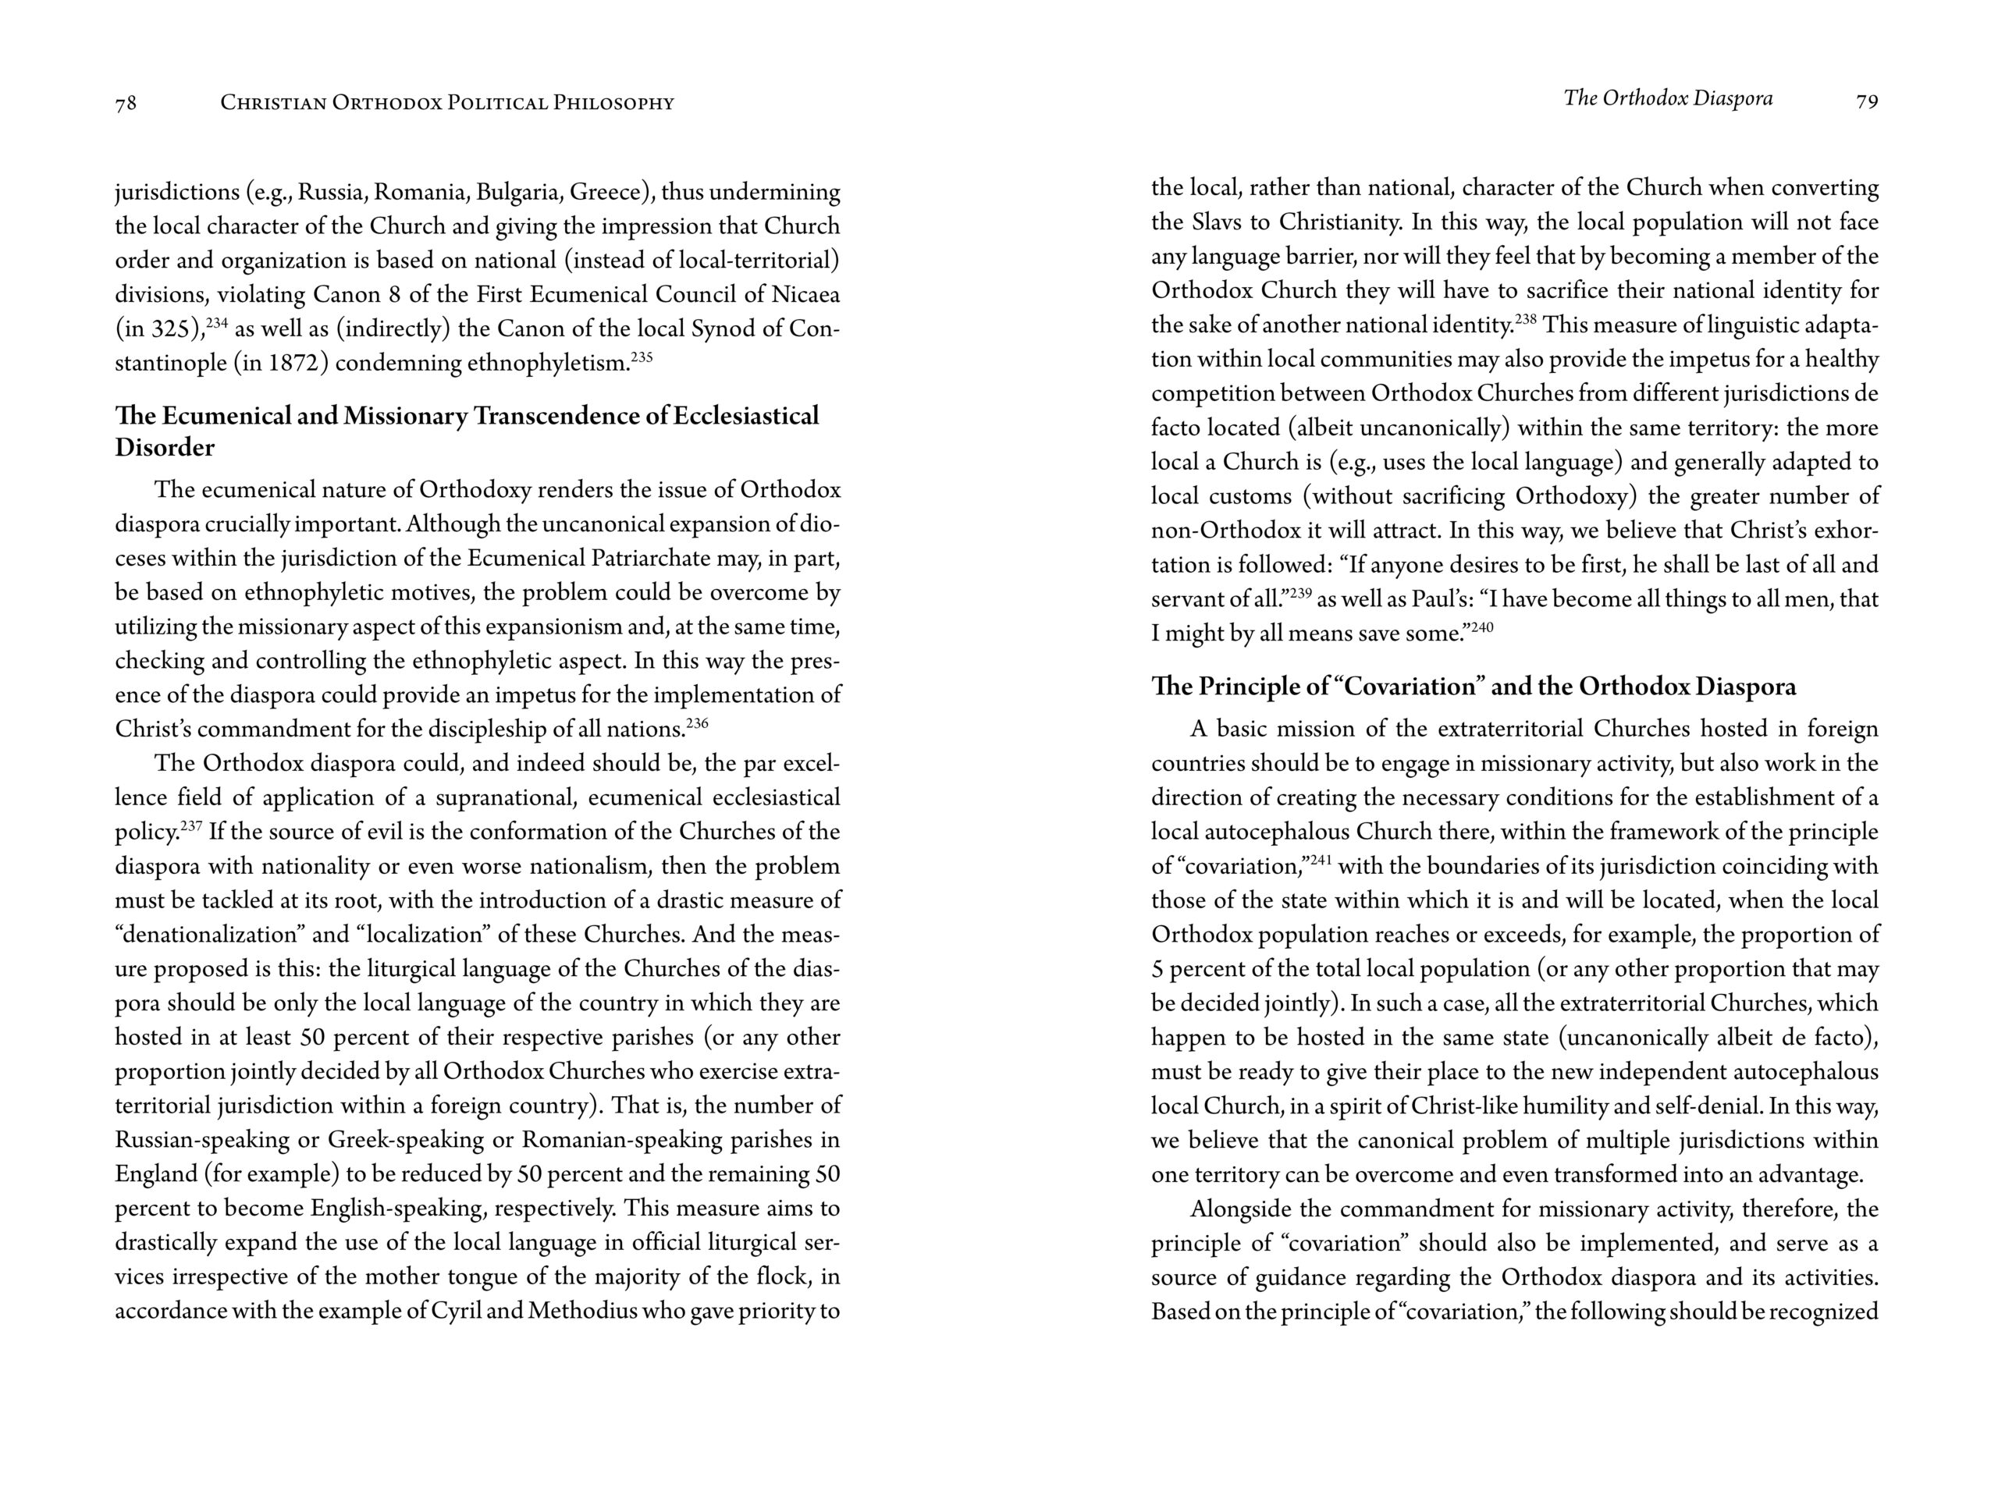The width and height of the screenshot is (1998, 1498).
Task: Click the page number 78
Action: [x=126, y=103]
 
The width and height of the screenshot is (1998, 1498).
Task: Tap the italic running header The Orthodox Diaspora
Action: [x=1667, y=98]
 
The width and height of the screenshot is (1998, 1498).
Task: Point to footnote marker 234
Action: [x=217, y=322]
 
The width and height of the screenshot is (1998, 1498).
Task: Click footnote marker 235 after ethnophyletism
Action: [x=642, y=357]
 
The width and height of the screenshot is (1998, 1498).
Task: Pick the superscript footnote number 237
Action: [x=190, y=825]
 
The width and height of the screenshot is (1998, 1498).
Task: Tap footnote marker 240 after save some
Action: [x=1482, y=627]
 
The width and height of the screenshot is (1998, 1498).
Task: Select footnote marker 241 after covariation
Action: [x=1321, y=860]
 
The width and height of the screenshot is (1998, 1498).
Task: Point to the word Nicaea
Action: [x=805, y=294]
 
